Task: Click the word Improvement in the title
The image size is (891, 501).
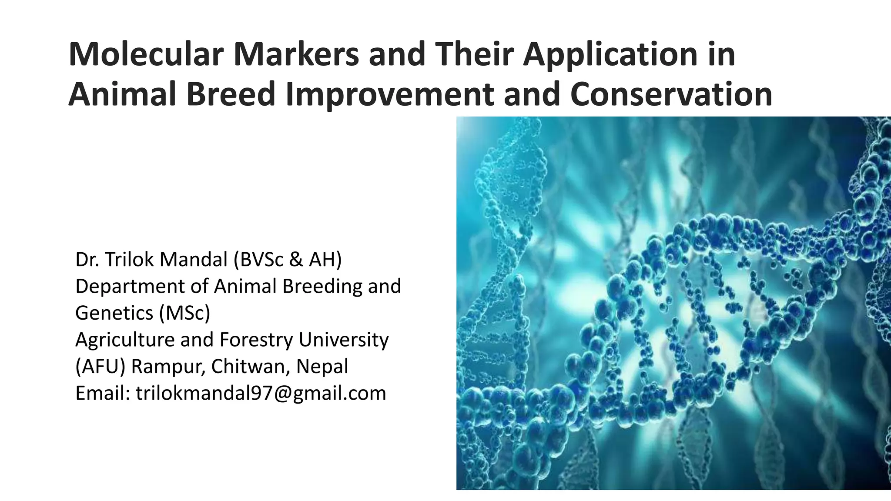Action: tap(389, 94)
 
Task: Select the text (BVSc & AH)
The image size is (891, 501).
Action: tap(288, 260)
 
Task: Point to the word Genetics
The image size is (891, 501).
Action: tap(114, 313)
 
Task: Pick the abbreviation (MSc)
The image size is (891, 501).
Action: tap(184, 313)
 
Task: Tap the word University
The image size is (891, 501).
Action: tap(344, 340)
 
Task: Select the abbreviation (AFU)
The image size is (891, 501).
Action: tap(100, 367)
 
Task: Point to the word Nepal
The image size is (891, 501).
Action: tap(322, 367)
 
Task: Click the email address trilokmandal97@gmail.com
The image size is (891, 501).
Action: tap(261, 394)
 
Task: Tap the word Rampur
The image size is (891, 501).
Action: tap(167, 367)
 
